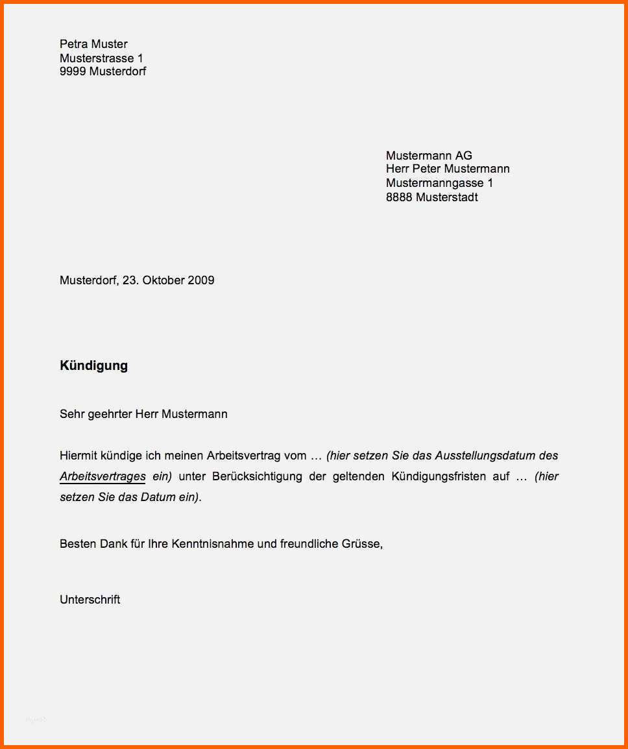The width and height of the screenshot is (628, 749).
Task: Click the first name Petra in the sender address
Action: pyautogui.click(x=73, y=44)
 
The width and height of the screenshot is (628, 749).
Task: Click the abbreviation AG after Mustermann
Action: pyautogui.click(x=463, y=156)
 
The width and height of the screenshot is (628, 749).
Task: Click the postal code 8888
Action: pyautogui.click(x=399, y=197)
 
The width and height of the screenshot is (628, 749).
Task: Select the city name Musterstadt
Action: pyautogui.click(x=447, y=197)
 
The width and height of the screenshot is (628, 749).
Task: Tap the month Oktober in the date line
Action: pyautogui.click(x=163, y=280)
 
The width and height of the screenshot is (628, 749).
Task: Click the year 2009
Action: pyautogui.click(x=201, y=280)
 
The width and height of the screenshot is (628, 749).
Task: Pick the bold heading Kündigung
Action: pyautogui.click(x=93, y=365)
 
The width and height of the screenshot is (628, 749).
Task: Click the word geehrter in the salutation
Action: pyautogui.click(x=109, y=414)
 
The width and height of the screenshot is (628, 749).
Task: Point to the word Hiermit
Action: pyautogui.click(x=77, y=456)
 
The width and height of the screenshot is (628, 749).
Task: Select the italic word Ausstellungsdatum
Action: pyautogui.click(x=485, y=456)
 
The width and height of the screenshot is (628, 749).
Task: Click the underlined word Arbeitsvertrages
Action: pyautogui.click(x=103, y=476)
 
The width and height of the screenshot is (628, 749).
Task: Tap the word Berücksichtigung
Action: pyautogui.click(x=257, y=476)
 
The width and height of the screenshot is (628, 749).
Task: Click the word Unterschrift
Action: pyautogui.click(x=90, y=600)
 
